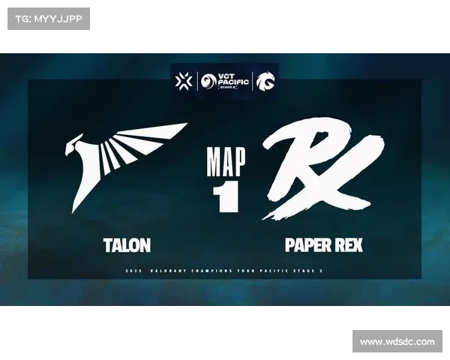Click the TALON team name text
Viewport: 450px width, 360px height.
(x=127, y=245)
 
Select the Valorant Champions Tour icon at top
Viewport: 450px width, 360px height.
(x=184, y=80)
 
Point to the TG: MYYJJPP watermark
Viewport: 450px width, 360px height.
(x=47, y=18)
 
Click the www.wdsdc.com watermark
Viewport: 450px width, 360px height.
(x=397, y=342)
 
